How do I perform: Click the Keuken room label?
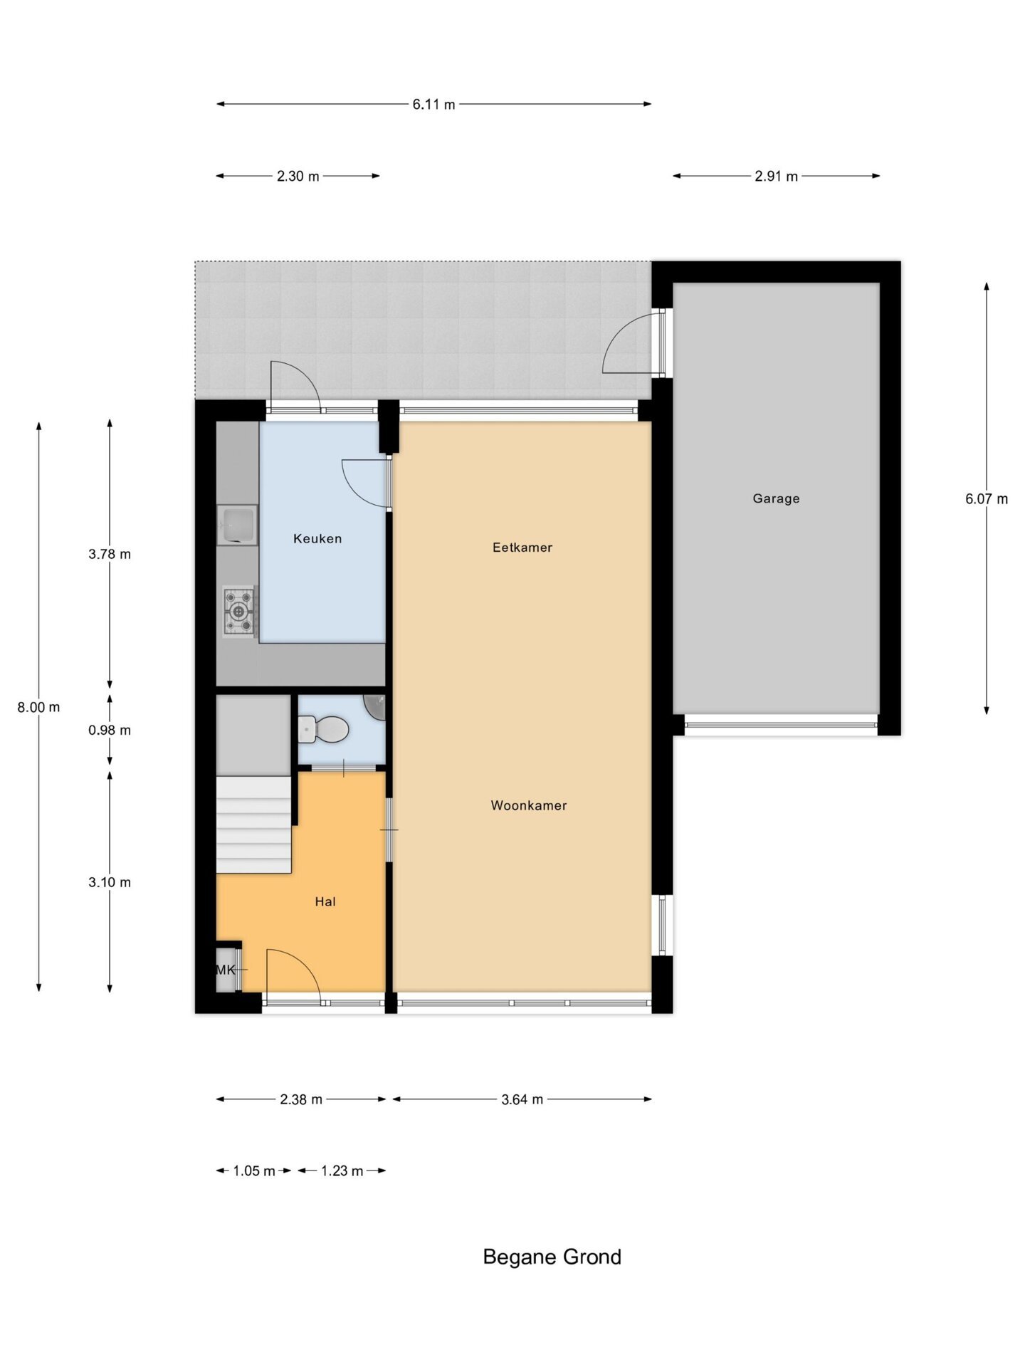pyautogui.click(x=317, y=539)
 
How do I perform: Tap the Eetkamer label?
pyautogui.click(x=522, y=548)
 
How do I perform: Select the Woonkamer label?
pyautogui.click(x=529, y=806)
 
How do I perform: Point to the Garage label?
pyautogui.click(x=776, y=499)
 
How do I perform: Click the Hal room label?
pyautogui.click(x=325, y=902)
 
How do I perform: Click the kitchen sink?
pyautogui.click(x=237, y=525)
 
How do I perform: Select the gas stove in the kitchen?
pyautogui.click(x=238, y=611)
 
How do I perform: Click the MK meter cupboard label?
pyautogui.click(x=226, y=970)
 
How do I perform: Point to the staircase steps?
pyautogui.click(x=254, y=825)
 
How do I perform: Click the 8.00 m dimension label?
pyautogui.click(x=39, y=708)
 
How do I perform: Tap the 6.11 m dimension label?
pyautogui.click(x=434, y=105)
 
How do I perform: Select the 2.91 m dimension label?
pyautogui.click(x=776, y=177)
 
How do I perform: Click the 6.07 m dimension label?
pyautogui.click(x=987, y=499)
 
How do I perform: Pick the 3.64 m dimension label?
pyautogui.click(x=522, y=1099)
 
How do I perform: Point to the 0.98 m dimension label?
pyautogui.click(x=110, y=730)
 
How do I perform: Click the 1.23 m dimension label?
pyautogui.click(x=342, y=1171)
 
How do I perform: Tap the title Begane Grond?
pyautogui.click(x=552, y=1257)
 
